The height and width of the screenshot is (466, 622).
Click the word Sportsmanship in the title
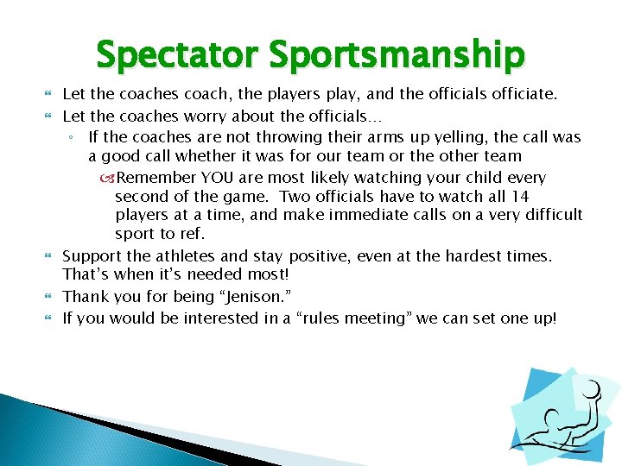[x=397, y=55]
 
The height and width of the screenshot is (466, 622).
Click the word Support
[x=94, y=255]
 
